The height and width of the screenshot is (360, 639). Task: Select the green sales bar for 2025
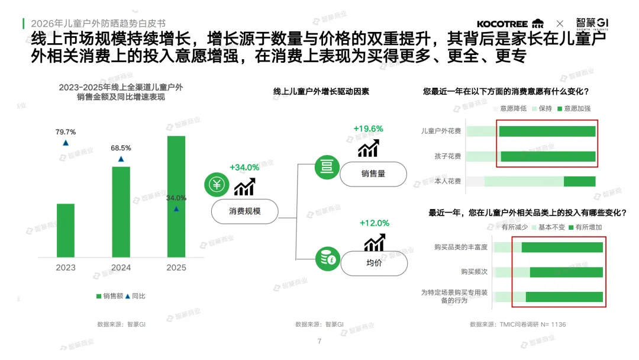coord(176,195)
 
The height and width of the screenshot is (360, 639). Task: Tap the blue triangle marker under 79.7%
coord(66,143)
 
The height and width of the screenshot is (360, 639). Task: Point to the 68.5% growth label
coord(121,148)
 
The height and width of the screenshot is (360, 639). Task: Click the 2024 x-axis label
coord(121,268)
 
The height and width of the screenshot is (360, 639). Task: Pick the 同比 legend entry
coord(135,295)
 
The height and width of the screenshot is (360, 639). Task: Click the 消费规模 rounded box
coord(244,211)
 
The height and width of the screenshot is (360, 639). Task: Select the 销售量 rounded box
coord(373,174)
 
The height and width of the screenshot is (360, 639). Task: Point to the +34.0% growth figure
coord(244,168)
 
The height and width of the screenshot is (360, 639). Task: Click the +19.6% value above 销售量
coord(368,128)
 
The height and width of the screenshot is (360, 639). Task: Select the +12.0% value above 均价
coord(374,223)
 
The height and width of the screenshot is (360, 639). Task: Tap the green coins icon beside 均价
coord(326,259)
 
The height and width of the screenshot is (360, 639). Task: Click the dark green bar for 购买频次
coord(566,272)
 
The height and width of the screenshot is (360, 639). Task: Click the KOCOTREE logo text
coord(503,24)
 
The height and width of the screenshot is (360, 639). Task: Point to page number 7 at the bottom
coord(319,341)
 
